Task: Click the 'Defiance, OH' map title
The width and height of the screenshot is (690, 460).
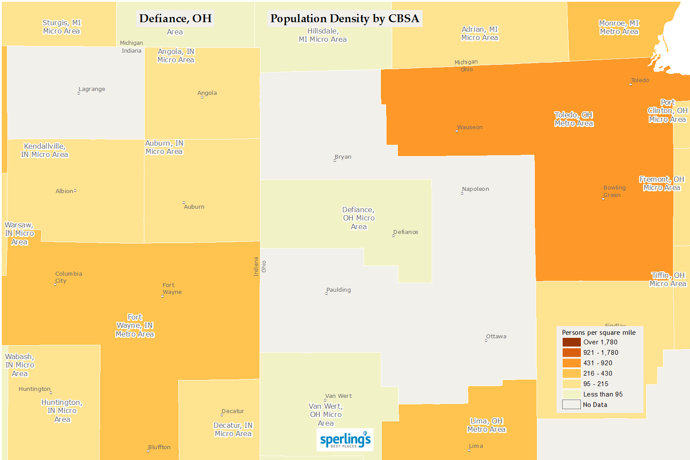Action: (x=175, y=19)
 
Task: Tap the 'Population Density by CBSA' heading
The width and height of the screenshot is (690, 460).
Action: (x=344, y=19)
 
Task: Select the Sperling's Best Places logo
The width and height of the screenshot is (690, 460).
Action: (x=345, y=440)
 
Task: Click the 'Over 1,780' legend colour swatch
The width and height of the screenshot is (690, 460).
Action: (x=571, y=342)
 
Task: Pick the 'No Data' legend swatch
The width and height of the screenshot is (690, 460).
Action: (x=571, y=405)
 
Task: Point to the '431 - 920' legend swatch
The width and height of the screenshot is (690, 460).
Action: (x=571, y=363)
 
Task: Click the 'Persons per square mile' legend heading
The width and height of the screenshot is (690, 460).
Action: (x=599, y=333)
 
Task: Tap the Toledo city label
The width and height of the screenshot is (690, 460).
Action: (x=640, y=80)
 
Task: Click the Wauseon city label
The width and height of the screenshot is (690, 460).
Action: (x=470, y=127)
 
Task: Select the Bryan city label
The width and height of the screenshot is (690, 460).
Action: (x=343, y=157)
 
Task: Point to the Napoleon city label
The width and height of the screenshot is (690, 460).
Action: (x=475, y=189)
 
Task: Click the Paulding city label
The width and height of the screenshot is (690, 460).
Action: (x=338, y=290)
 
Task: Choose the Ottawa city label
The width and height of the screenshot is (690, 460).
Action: (x=496, y=337)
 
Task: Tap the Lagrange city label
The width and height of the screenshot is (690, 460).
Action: (x=91, y=89)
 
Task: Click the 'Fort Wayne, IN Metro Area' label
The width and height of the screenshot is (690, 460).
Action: (x=135, y=326)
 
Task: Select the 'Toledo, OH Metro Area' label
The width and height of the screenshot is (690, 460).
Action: (x=573, y=119)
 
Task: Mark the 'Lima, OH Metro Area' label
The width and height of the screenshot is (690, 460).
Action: (x=487, y=425)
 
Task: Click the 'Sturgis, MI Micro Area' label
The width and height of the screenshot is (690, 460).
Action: (x=62, y=27)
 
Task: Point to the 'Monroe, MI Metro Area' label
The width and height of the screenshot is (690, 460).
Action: (x=619, y=27)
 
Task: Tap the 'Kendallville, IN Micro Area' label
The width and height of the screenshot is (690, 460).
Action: (x=44, y=150)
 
